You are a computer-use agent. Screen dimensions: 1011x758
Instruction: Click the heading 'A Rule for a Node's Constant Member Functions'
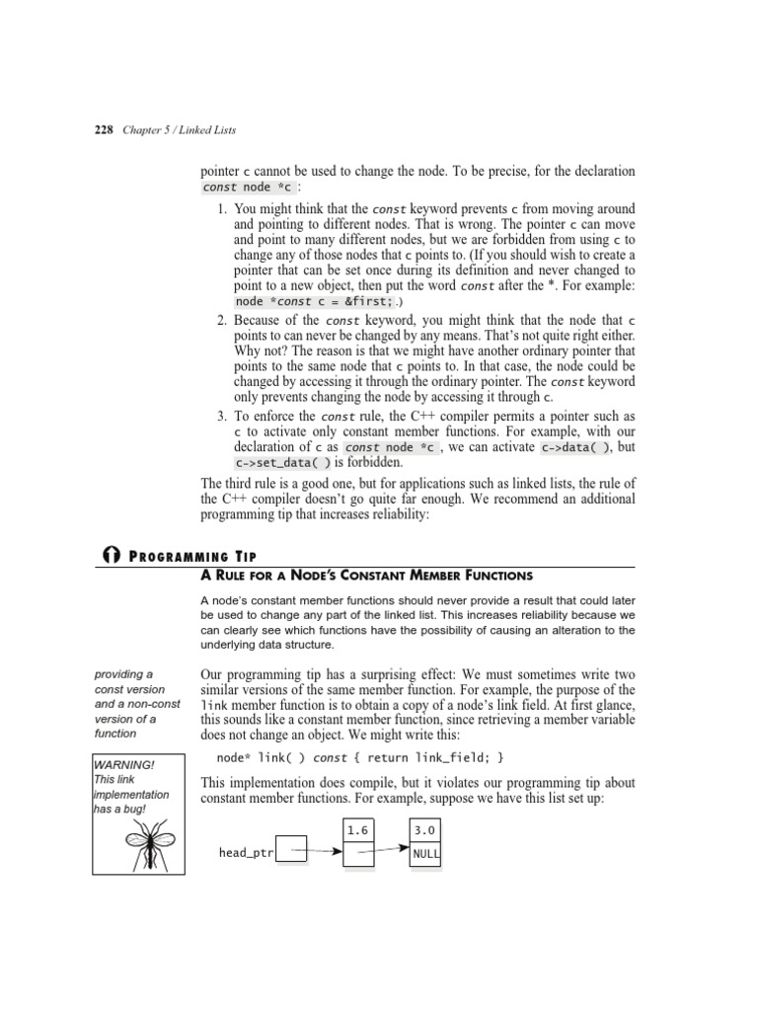pos(366,576)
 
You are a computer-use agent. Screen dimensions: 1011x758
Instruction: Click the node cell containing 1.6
pos(357,831)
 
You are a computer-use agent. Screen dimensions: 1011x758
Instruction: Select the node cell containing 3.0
pos(424,831)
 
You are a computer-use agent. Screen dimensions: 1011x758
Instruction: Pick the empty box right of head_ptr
pos(291,849)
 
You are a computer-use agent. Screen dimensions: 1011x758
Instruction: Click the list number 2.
pos(222,321)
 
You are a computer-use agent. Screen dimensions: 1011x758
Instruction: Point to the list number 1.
pos(222,209)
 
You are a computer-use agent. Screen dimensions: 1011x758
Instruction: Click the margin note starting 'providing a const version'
pos(129,703)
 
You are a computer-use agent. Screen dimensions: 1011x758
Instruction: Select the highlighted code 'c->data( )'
pos(575,446)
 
